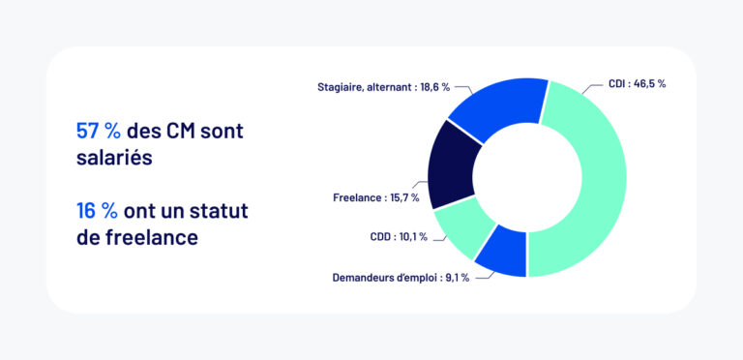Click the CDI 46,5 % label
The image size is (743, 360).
click(x=637, y=84)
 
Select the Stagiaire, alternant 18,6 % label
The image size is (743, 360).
click(x=384, y=86)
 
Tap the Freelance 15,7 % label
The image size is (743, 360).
click(x=375, y=198)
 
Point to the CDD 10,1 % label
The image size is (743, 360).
click(x=398, y=237)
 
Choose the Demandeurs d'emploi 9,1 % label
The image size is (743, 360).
click(x=401, y=278)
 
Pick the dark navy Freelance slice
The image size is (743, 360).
click(x=448, y=165)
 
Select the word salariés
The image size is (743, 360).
click(x=114, y=157)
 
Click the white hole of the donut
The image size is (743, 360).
click(x=527, y=179)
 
